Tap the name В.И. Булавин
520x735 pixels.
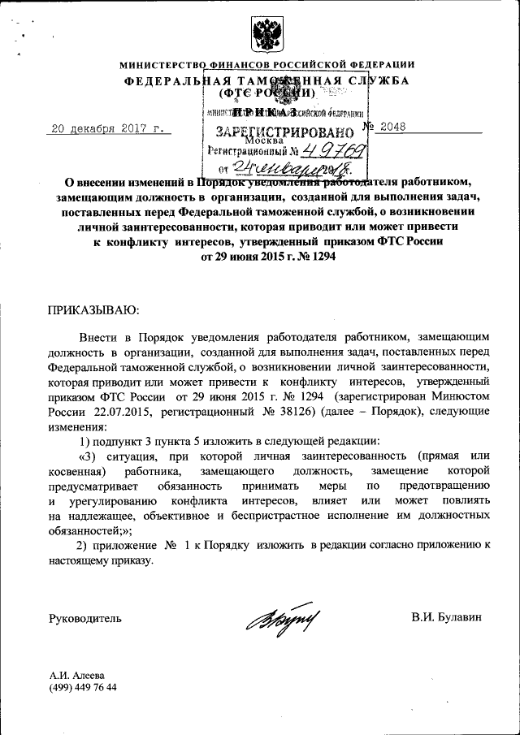point(447,618)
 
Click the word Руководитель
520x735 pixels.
point(85,618)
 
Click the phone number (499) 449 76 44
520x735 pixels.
point(83,687)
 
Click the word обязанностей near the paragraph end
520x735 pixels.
point(85,530)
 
